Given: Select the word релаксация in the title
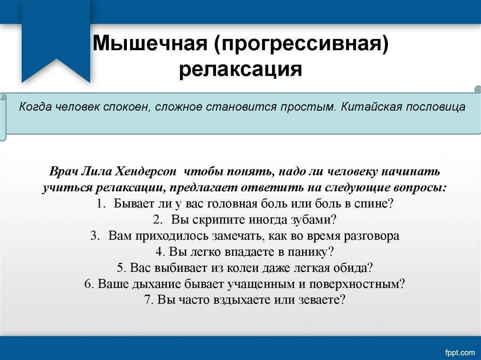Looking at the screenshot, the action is tap(240, 69).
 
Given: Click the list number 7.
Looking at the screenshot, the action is tap(148, 299).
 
